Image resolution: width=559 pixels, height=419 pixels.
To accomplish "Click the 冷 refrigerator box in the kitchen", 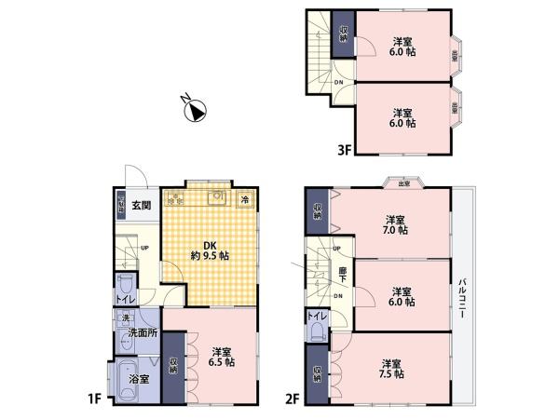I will click(245, 199).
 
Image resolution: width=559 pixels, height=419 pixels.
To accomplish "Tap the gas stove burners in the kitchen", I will click(174, 198).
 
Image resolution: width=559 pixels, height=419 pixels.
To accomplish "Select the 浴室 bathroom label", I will click(140, 379).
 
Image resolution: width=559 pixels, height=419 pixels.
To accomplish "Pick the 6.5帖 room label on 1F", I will click(222, 357).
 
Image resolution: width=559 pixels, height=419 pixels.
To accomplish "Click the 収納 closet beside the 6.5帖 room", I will click(173, 365).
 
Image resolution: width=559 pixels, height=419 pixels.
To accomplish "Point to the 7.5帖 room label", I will click(391, 369).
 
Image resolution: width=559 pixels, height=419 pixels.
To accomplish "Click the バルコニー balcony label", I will click(462, 299).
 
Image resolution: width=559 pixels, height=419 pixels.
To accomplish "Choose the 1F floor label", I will click(95, 400).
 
